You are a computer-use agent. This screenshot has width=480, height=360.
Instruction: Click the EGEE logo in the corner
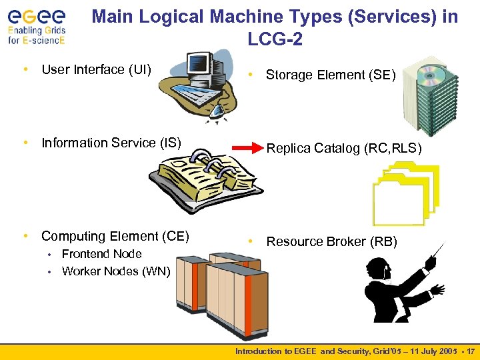(x=37, y=25)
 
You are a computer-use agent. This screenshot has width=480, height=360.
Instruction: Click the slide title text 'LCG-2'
(x=275, y=40)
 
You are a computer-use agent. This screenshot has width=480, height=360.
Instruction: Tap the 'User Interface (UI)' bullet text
(x=96, y=69)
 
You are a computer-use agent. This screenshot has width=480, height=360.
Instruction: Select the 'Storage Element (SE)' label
(x=331, y=75)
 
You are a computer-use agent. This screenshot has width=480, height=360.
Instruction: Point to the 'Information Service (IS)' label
(x=111, y=143)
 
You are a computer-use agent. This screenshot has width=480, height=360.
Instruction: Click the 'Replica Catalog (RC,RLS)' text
(x=344, y=149)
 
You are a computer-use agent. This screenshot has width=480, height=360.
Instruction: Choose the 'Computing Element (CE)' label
(x=115, y=236)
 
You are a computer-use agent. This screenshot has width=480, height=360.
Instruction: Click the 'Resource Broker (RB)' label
(x=331, y=242)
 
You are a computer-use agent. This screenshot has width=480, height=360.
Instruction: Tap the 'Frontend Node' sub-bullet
(x=101, y=254)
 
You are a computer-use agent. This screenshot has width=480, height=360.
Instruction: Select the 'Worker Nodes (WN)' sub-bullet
(x=116, y=271)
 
